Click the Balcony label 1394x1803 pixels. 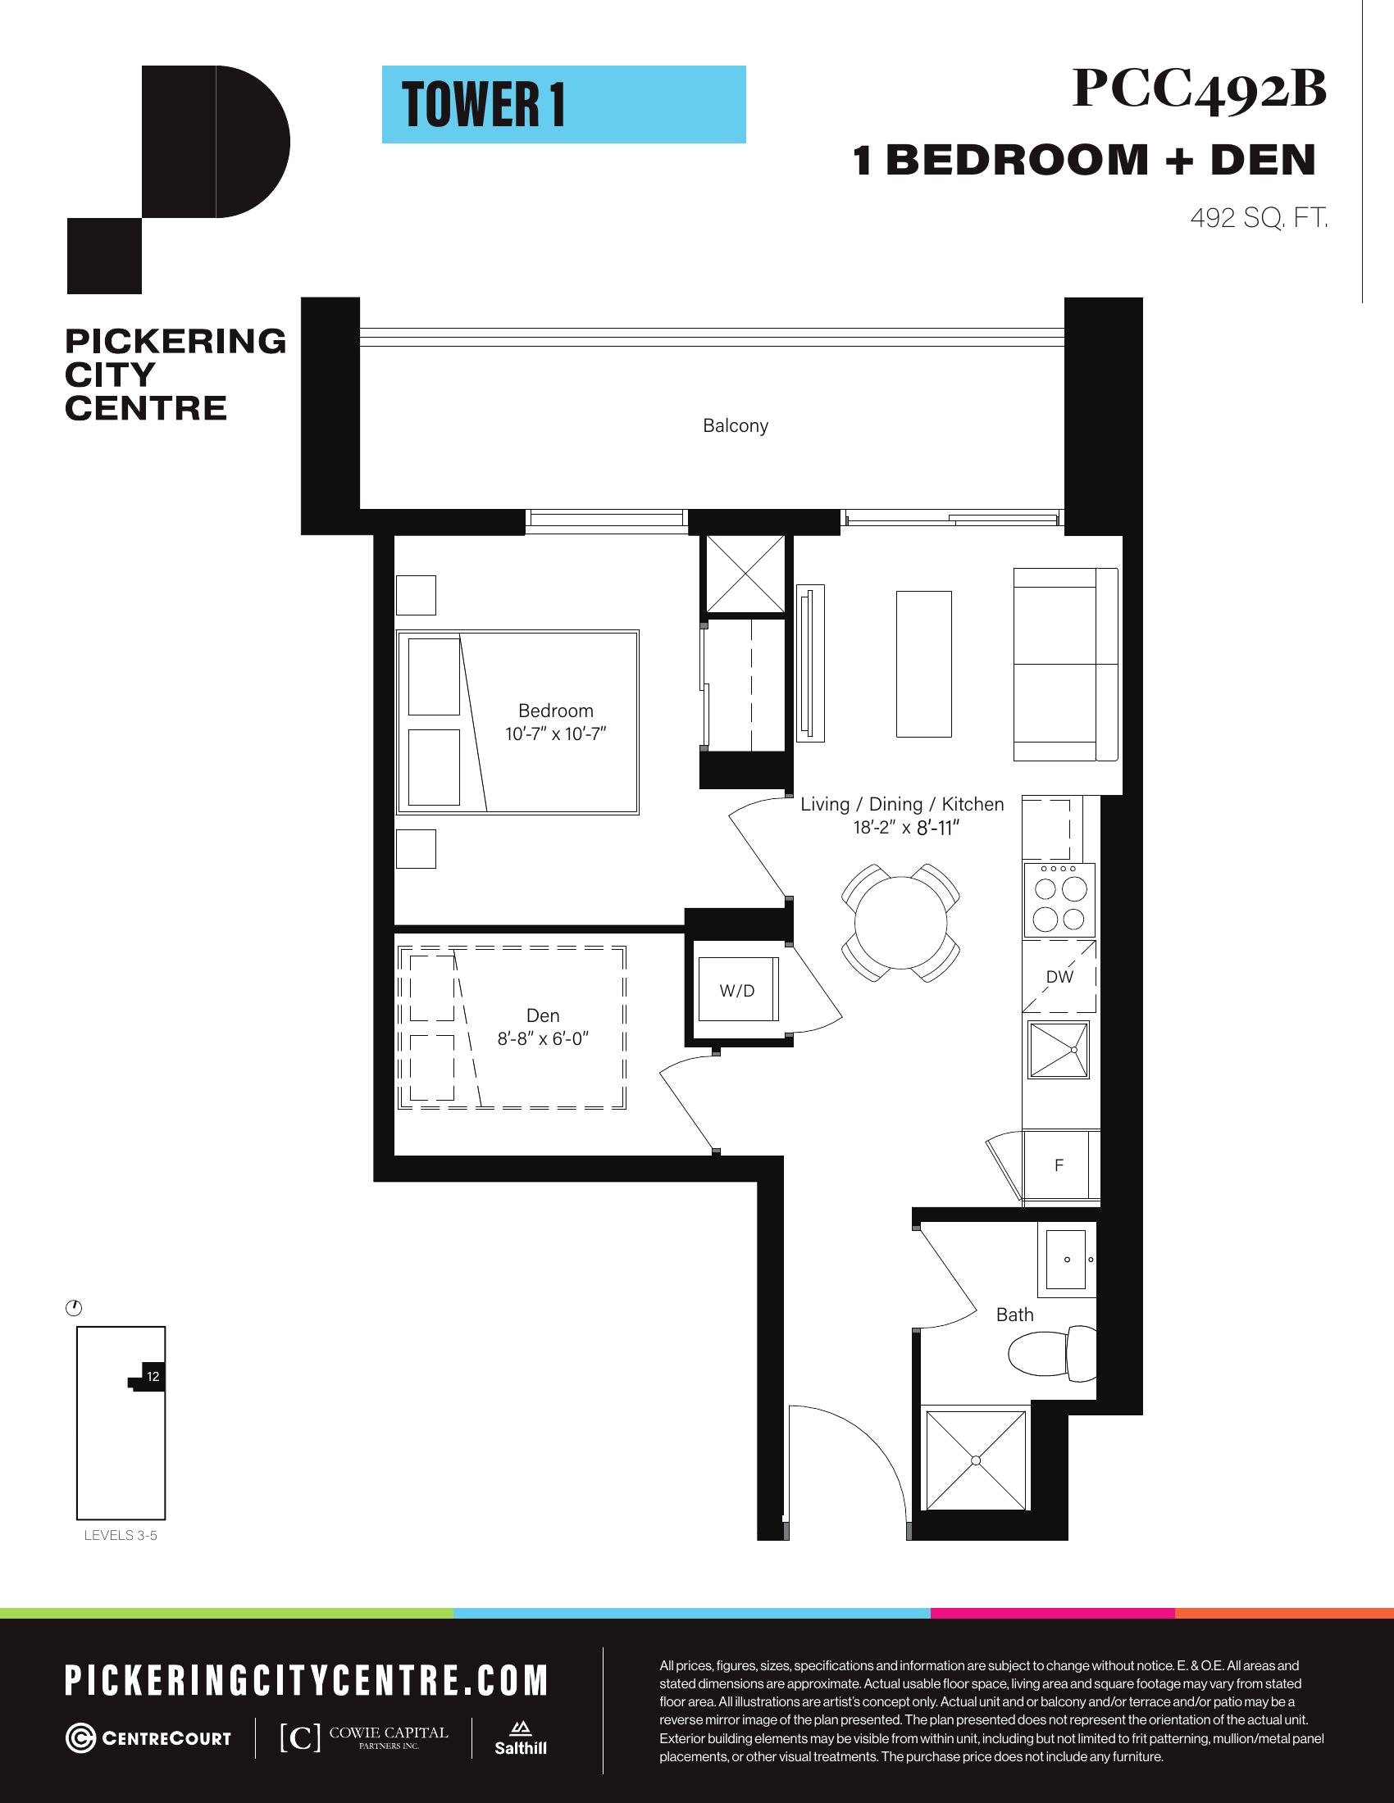coord(735,426)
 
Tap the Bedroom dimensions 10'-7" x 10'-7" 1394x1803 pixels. coord(556,734)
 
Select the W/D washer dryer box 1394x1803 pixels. coord(737,990)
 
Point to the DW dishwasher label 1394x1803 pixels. coord(1059,977)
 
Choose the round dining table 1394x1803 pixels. coord(901,923)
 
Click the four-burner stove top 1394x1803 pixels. coord(1060,900)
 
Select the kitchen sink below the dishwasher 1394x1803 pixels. coord(1059,1049)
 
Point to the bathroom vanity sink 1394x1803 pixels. coord(1066,1259)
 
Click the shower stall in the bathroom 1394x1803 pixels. coord(976,1460)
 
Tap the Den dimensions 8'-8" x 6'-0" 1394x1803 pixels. coord(542,1039)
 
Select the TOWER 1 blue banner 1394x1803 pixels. coord(564,105)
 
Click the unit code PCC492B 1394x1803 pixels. coord(1199,89)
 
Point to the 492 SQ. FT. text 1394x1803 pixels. coord(1259,219)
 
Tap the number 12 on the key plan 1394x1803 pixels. coord(153,1376)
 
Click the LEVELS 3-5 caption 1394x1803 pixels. coord(121,1536)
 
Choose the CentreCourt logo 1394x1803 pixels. coord(148,1738)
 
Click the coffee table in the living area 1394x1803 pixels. coord(924,663)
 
